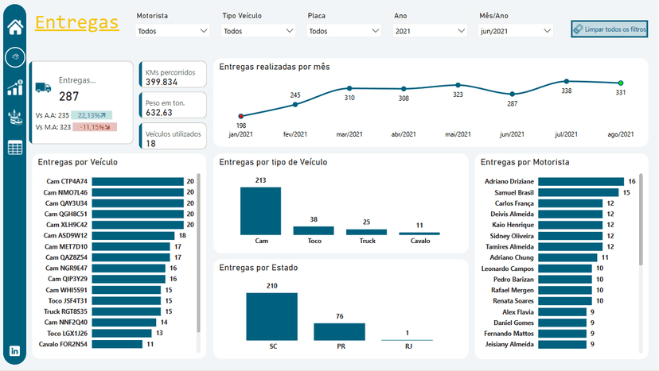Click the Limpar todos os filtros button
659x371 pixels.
(610, 29)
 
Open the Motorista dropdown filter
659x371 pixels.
(172, 31)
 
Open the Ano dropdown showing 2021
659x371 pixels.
(430, 31)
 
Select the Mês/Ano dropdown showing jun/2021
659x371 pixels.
(516, 31)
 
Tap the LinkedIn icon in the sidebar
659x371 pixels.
(14, 350)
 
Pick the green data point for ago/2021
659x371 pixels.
(620, 83)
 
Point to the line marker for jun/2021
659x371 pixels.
(512, 94)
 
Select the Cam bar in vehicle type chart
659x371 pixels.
(261, 211)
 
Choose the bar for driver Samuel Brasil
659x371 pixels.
(579, 192)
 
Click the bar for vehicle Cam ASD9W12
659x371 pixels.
(133, 235)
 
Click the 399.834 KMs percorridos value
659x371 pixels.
(162, 82)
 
